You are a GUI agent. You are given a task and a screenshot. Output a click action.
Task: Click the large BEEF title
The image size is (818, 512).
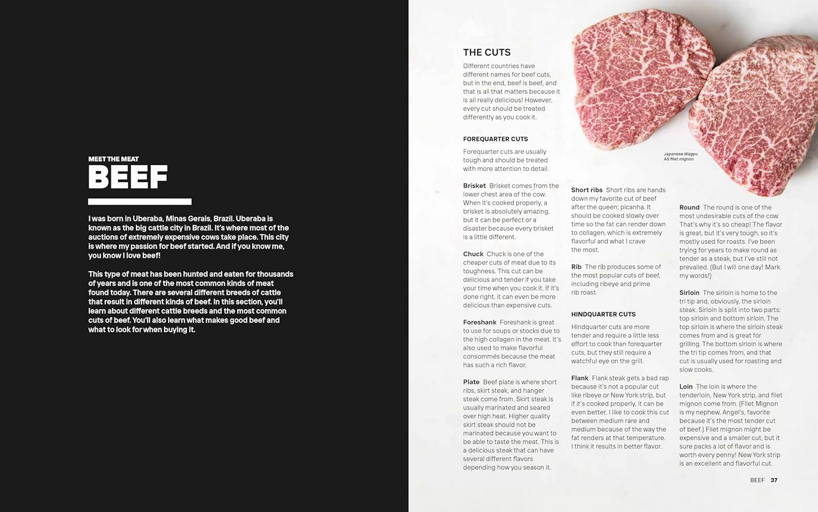(128, 177)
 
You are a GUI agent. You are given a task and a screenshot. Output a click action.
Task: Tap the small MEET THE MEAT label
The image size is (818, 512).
(113, 159)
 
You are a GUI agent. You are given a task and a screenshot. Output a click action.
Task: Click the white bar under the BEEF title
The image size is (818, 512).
(139, 201)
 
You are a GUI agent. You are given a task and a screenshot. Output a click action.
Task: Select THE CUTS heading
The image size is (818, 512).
(486, 53)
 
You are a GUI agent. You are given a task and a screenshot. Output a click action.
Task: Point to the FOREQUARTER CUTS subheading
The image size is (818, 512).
(495, 139)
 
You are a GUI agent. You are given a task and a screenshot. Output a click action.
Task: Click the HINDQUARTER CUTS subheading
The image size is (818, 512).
(603, 315)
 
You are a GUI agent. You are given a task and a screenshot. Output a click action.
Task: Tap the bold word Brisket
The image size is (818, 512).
(474, 186)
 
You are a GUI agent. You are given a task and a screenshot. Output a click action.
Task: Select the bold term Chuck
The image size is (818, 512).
(473, 254)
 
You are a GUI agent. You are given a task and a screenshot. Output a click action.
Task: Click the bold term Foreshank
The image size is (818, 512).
(479, 322)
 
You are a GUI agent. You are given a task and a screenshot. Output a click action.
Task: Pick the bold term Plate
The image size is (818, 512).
(471, 382)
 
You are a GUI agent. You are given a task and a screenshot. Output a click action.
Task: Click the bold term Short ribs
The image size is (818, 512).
(586, 190)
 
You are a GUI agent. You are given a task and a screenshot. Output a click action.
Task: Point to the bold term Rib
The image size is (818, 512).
(576, 267)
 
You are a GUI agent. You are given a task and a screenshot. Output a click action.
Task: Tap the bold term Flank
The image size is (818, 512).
(580, 378)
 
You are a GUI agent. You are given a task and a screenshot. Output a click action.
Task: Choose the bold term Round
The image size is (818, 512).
(689, 208)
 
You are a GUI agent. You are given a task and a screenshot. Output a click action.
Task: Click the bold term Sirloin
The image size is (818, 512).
(689, 293)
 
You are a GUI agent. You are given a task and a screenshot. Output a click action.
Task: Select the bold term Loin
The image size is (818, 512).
(686, 387)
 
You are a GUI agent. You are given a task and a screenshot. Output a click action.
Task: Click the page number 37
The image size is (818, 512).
(774, 480)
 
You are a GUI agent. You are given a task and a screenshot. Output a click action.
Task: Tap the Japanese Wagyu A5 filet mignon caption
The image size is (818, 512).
(680, 156)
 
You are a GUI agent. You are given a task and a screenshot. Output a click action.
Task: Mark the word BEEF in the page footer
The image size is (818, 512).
(757, 480)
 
